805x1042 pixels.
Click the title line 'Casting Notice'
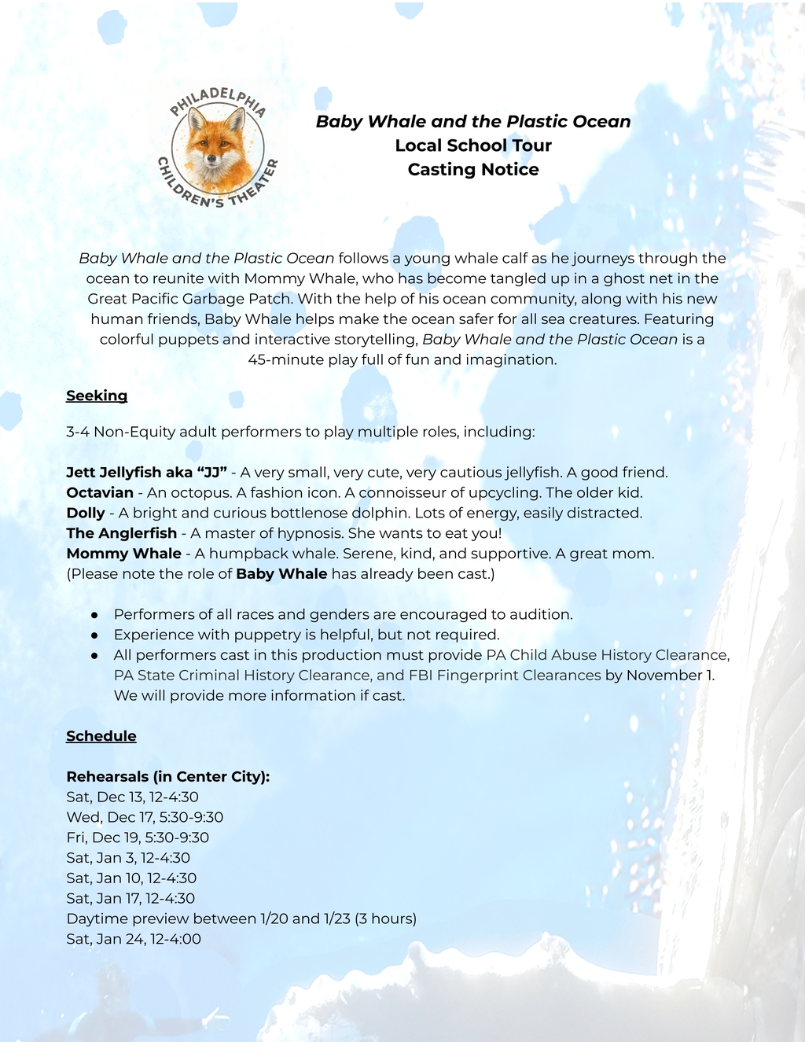473,170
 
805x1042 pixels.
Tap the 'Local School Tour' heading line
473,145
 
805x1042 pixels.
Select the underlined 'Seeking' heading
97,396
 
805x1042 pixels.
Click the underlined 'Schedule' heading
101,736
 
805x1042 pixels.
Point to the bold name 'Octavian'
100,493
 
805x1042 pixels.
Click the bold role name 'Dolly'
86,514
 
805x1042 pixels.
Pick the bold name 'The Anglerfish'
122,534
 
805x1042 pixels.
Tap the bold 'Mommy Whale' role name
124,554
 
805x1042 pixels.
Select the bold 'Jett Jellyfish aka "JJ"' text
147,473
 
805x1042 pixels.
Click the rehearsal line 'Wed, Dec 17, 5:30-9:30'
145,818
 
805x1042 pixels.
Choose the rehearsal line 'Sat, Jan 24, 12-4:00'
134,939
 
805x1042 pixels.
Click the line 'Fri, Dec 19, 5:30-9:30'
138,838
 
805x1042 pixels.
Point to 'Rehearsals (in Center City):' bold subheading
168,777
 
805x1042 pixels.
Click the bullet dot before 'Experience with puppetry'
94,635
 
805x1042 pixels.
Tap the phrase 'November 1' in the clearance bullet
670,676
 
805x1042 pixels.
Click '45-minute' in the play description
281,360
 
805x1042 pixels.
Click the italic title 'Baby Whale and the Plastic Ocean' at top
473,122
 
